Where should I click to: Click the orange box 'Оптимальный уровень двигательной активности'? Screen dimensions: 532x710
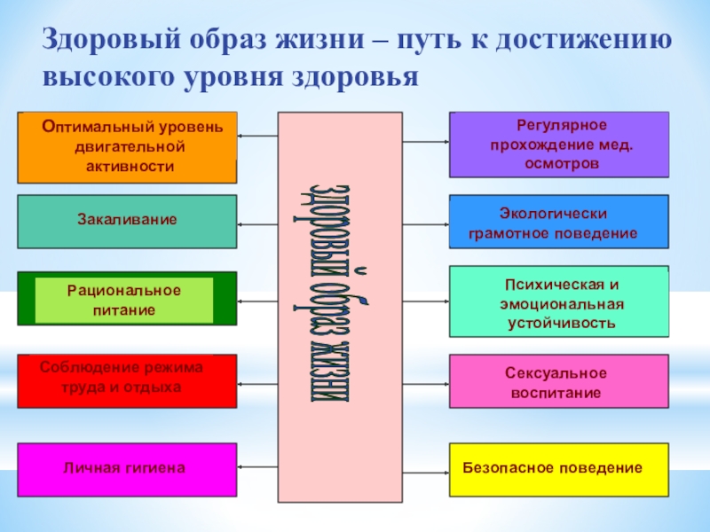coord(127,147)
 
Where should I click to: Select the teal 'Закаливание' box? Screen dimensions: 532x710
coord(127,221)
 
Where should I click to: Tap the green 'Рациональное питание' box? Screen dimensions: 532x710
coord(127,299)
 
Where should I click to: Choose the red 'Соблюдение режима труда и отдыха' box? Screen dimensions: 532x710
coord(127,380)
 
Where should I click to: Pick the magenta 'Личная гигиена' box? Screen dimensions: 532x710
coord(127,468)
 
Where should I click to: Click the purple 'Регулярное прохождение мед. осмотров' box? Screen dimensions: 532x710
coord(559,145)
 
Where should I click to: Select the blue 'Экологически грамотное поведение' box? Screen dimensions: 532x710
coord(559,222)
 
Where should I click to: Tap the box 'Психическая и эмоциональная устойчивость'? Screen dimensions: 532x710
coord(559,301)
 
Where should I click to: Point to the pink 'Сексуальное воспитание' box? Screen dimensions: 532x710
coord(559,381)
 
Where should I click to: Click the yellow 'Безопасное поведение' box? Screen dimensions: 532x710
coord(559,468)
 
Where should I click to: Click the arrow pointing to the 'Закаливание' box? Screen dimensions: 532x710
coord(257,221)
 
